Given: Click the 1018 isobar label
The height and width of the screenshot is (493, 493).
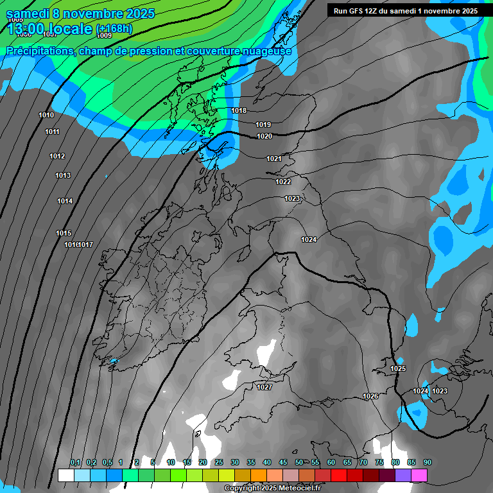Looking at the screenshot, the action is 239,110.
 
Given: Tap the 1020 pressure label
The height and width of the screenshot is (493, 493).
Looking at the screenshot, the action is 264,136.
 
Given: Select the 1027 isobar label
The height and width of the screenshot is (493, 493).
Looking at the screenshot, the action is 264,387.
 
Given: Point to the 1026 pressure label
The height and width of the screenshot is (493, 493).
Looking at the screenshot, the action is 370,396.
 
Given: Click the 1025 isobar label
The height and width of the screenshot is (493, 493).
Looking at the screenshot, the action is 398,368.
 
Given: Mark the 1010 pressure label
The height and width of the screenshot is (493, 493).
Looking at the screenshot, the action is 46,115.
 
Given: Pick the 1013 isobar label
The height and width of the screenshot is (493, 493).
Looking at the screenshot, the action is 63,175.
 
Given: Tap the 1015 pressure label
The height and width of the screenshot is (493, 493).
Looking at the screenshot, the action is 64,233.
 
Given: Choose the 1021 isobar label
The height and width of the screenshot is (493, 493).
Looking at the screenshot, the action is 274,159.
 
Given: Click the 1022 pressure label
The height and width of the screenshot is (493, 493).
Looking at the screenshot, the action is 283,182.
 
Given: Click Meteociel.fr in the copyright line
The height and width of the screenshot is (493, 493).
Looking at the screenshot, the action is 295,489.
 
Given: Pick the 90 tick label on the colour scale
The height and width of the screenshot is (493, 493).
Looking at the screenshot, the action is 428,463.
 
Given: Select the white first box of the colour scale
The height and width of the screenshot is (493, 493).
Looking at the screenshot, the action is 65,475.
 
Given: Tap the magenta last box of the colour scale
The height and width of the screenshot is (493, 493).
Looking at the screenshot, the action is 419,475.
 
